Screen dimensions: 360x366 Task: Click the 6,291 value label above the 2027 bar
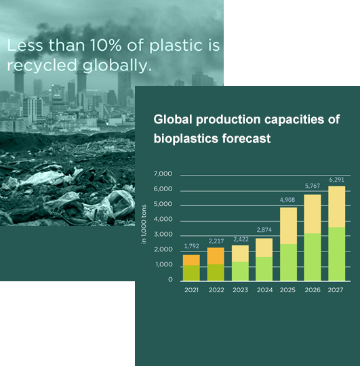[x=337, y=180]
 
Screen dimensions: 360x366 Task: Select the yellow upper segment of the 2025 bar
[x=288, y=226]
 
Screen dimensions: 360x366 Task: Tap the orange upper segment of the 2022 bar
[x=216, y=256]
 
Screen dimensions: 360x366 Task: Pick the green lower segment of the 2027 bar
[x=337, y=254]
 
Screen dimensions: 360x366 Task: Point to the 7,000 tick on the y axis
[x=163, y=174]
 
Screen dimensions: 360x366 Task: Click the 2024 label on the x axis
[x=264, y=290]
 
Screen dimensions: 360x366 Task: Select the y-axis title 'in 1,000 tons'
[x=144, y=224]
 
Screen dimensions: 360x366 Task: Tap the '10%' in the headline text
[x=106, y=45]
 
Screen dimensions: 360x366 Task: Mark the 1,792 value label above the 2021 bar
[x=191, y=246]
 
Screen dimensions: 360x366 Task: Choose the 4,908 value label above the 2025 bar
[x=287, y=200]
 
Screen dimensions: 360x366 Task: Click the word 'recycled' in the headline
[x=42, y=65]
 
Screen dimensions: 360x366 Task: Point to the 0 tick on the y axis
[x=170, y=279]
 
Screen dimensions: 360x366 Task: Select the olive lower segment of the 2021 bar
[x=191, y=273]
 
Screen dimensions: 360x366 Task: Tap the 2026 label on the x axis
[x=313, y=290]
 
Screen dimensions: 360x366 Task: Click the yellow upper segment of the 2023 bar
[x=240, y=253]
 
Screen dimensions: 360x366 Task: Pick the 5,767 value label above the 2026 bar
[x=313, y=186]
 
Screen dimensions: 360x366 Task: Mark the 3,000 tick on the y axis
[x=163, y=234]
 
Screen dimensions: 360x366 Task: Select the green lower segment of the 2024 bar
[x=264, y=269]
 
